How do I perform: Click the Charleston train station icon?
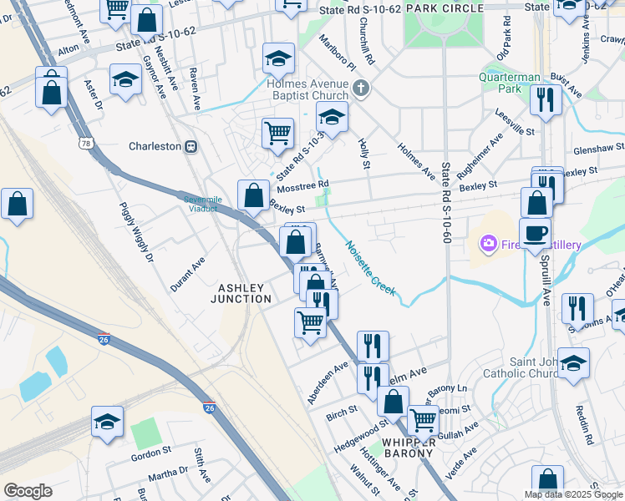[x=191, y=146]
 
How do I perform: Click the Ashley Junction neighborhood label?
[x=244, y=293]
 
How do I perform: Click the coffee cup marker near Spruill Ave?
[x=535, y=232]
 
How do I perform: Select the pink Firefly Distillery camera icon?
[x=486, y=244]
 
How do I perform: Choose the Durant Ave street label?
[x=188, y=270]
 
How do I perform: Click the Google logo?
[x=28, y=491]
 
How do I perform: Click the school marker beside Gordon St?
[x=108, y=423]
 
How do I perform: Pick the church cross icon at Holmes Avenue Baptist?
[x=361, y=87]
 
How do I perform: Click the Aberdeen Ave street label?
[x=327, y=383]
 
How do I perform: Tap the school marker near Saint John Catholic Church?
[x=574, y=363]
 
